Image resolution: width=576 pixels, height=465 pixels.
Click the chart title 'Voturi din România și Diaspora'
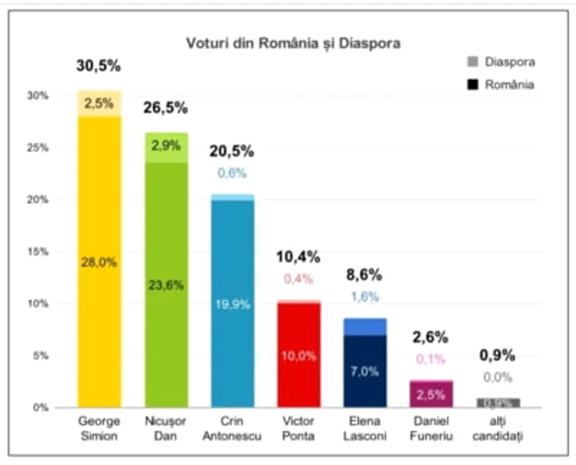[291, 43]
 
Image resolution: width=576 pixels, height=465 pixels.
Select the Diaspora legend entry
[501, 61]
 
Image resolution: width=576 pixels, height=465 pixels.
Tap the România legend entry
[501, 84]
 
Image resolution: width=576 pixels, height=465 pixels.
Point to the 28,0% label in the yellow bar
[99, 263]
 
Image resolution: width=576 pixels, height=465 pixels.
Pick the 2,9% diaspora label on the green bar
[165, 144]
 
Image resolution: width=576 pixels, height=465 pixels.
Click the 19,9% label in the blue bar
[231, 305]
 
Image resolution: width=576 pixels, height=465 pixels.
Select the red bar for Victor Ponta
[299, 354]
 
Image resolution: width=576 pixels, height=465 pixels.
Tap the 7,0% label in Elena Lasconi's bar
[365, 371]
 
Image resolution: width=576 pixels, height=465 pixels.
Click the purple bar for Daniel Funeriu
[431, 393]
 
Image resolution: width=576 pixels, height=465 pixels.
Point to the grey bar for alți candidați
[498, 402]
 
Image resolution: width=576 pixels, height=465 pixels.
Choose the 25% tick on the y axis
[39, 148]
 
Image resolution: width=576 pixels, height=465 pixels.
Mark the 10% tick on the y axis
[39, 304]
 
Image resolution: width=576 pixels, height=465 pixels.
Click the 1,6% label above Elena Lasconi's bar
[365, 296]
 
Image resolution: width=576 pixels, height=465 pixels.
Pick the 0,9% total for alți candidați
[498, 356]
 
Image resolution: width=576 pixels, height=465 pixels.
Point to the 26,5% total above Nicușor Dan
[165, 108]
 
